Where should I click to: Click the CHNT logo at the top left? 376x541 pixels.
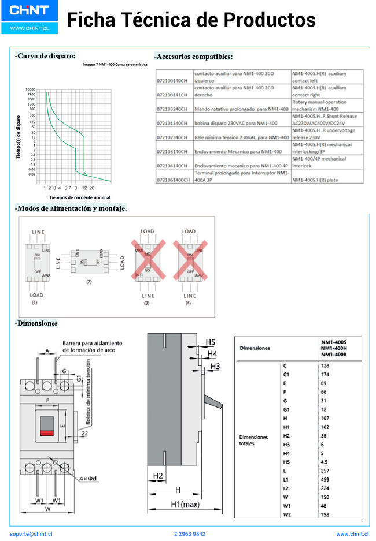tap(28, 11)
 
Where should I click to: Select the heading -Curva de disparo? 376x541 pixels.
tap(45, 56)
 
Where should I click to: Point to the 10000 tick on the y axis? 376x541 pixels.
tap(31, 89)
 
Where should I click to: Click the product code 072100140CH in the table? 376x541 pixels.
tap(173, 81)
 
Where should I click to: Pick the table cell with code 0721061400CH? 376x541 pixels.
tap(174, 180)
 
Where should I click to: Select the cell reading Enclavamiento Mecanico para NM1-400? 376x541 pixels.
tap(238, 151)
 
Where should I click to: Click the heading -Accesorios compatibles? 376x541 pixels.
tap(194, 57)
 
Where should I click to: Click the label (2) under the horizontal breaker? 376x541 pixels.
tap(89, 281)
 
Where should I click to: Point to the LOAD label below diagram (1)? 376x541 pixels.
tap(36, 295)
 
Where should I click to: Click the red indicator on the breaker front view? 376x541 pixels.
tap(47, 432)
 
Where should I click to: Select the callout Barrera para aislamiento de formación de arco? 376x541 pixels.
tap(93, 346)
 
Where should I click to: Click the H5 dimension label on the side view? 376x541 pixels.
tap(211, 342)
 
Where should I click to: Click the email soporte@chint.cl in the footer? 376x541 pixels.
tap(31, 534)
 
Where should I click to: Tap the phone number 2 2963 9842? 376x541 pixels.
tap(189, 534)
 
